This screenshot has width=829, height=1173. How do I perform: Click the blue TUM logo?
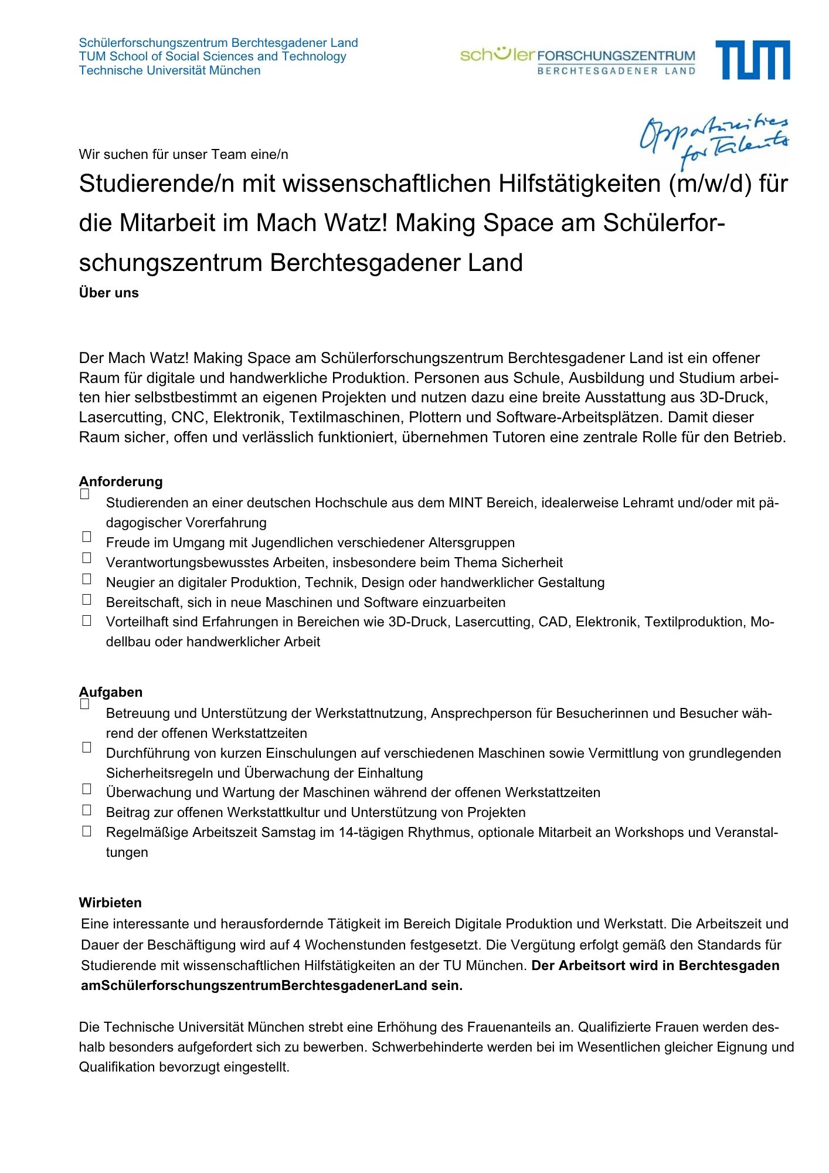pyautogui.click(x=752, y=60)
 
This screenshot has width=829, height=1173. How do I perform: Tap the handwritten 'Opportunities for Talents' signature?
pyautogui.click(x=714, y=141)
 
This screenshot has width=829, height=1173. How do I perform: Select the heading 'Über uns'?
pyautogui.click(x=109, y=293)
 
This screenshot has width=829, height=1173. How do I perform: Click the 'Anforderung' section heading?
pyautogui.click(x=121, y=482)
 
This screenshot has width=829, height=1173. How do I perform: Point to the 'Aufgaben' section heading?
pyautogui.click(x=111, y=692)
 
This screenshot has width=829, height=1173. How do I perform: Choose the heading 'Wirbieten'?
pyautogui.click(x=110, y=903)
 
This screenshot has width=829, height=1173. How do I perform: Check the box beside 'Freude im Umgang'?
pyautogui.click(x=87, y=537)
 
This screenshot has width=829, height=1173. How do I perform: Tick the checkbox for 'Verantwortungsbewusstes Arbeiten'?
pyautogui.click(x=87, y=558)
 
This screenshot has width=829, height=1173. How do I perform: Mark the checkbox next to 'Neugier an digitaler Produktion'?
pyautogui.click(x=87, y=579)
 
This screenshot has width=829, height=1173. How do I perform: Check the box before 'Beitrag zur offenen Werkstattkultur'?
pyautogui.click(x=87, y=810)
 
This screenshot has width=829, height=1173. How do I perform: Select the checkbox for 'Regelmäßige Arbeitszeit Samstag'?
pyautogui.click(x=87, y=831)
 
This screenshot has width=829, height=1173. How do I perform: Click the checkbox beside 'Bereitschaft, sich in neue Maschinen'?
pyautogui.click(x=87, y=599)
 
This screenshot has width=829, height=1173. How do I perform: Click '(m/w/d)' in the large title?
pyautogui.click(x=709, y=184)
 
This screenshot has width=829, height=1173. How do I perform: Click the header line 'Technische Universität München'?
pyautogui.click(x=169, y=70)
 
